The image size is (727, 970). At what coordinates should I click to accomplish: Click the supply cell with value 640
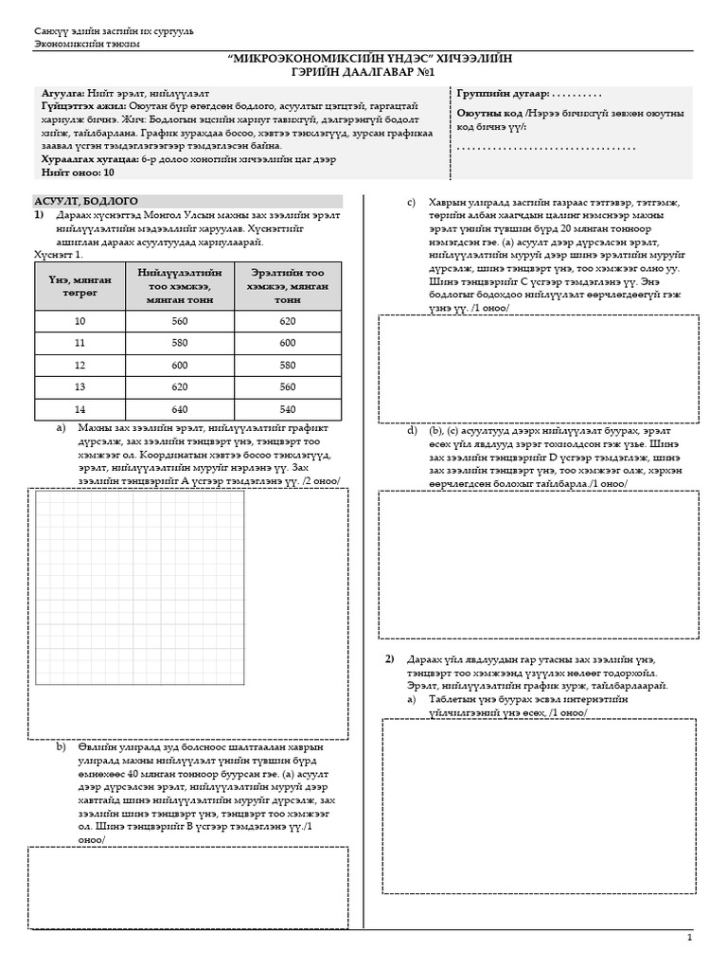(174, 410)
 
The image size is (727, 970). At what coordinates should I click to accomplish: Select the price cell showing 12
(80, 365)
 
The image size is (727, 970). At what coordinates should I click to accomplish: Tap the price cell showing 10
(80, 321)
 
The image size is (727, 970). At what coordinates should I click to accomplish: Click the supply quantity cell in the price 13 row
(174, 387)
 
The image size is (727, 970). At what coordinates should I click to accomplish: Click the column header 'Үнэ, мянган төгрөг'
(80, 286)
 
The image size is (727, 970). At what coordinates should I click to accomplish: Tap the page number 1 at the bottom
(690, 937)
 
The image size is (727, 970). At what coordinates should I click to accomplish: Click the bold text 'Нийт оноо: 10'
(78, 173)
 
